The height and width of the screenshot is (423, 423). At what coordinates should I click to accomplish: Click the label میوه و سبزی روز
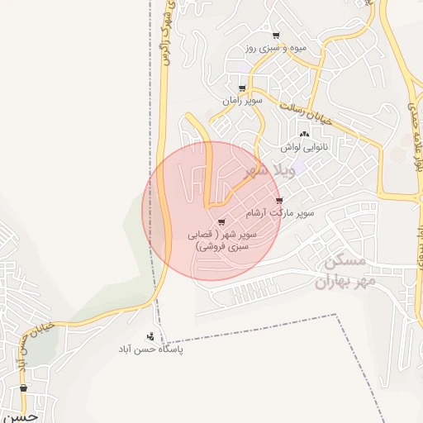click(x=275, y=49)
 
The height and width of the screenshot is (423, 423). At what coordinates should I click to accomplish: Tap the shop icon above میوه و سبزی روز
click(x=276, y=36)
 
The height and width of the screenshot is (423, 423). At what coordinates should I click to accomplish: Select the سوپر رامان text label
click(x=242, y=101)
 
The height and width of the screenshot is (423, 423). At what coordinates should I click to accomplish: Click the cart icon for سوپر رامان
click(x=242, y=88)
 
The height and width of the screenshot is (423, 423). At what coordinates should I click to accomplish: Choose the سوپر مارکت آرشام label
click(x=284, y=213)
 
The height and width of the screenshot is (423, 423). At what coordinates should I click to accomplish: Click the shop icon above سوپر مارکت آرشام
click(x=279, y=201)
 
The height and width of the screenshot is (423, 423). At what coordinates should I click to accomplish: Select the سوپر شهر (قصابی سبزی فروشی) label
click(x=226, y=240)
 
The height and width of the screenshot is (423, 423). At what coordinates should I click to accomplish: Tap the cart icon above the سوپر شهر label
click(x=221, y=221)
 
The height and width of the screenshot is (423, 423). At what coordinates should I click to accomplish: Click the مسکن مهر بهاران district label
click(x=345, y=273)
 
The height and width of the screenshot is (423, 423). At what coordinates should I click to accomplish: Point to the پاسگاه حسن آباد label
click(x=150, y=349)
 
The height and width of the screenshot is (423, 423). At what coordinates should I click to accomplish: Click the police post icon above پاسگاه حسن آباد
click(x=150, y=336)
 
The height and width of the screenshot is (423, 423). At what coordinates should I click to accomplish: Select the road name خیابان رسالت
click(x=305, y=114)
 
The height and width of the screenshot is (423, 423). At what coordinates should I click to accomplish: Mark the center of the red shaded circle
click(x=212, y=211)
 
